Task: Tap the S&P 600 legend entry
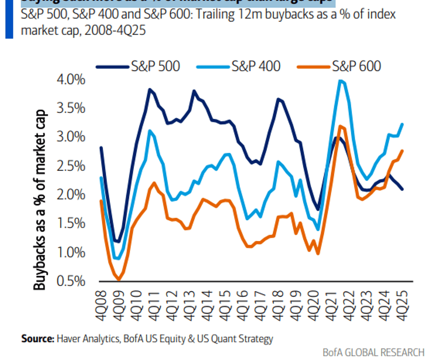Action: (x=356, y=66)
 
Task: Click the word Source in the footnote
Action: (x=37, y=338)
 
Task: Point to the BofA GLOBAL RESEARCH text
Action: (x=373, y=352)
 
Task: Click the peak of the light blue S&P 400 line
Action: (x=341, y=81)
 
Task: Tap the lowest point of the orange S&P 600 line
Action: (x=118, y=280)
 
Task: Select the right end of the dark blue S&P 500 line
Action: (x=402, y=189)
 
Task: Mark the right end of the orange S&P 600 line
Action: (x=402, y=150)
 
